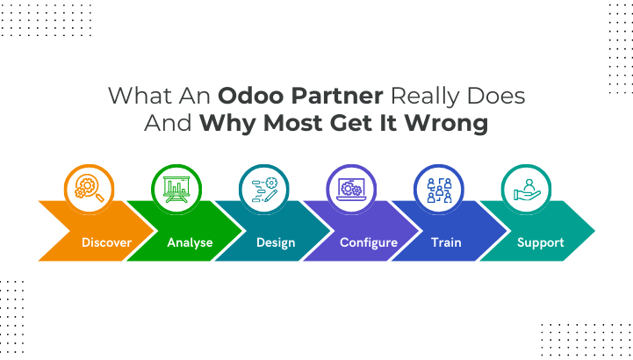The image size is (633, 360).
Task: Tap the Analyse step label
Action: pyautogui.click(x=190, y=242)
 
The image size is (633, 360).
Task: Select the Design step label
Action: pyautogui.click(x=276, y=242)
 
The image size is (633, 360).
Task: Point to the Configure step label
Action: pyautogui.click(x=368, y=242)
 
